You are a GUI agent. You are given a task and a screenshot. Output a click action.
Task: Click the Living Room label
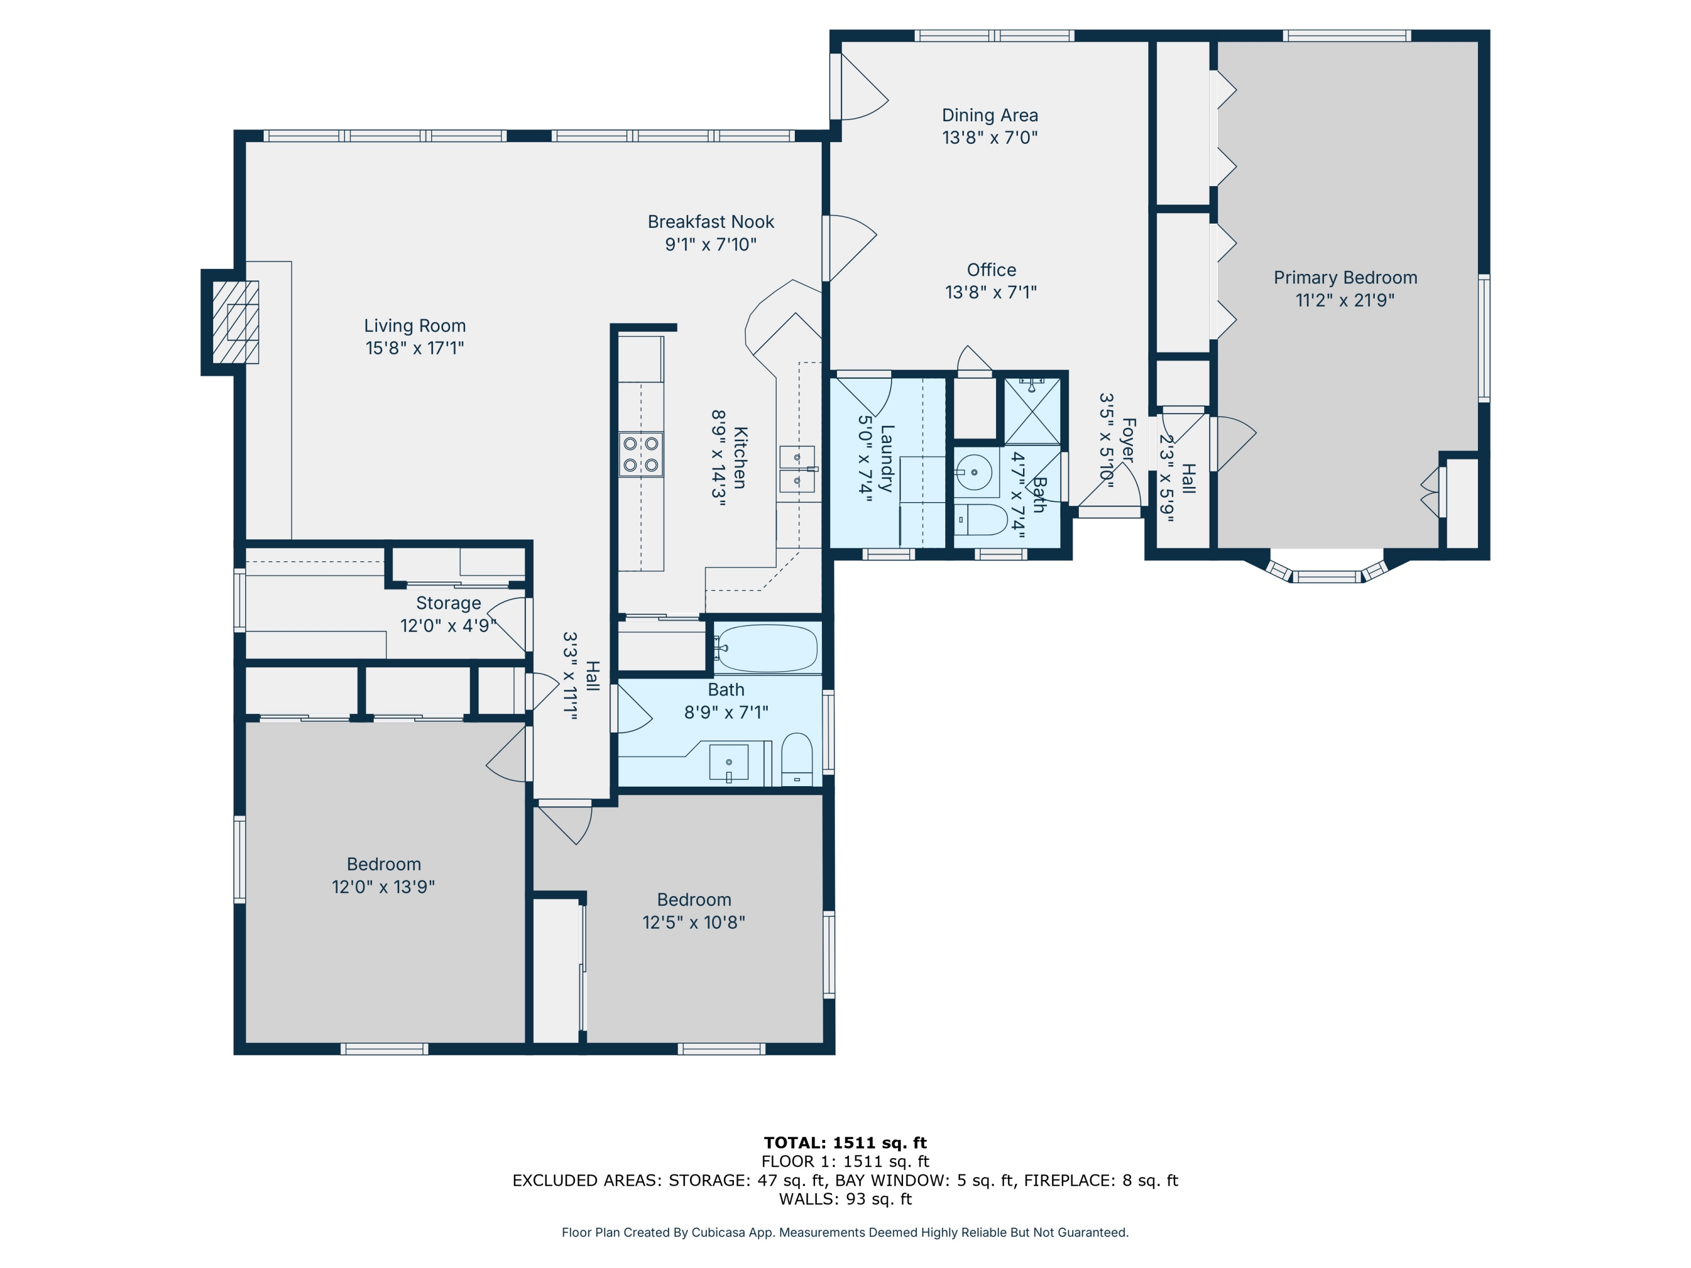point(414,326)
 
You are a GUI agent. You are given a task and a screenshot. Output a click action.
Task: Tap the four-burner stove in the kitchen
point(641,454)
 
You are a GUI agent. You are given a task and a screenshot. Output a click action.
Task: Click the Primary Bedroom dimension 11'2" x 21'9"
point(1345,300)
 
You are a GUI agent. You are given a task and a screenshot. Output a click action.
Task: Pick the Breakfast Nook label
point(711,221)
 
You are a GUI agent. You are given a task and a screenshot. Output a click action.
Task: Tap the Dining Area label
point(990,116)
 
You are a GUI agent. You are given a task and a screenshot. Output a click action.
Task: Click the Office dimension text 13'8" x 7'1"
point(991,292)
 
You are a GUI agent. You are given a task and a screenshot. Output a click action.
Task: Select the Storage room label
point(448,603)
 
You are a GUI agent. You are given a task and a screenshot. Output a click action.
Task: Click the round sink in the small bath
point(974,472)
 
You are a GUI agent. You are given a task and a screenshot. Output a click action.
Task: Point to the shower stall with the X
point(1032,411)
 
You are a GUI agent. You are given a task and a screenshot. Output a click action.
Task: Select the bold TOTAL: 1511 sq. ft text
point(845,1143)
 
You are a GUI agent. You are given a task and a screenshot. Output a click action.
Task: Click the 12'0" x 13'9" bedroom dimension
point(383,886)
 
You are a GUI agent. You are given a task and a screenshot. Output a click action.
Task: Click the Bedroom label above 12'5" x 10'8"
point(694,899)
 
